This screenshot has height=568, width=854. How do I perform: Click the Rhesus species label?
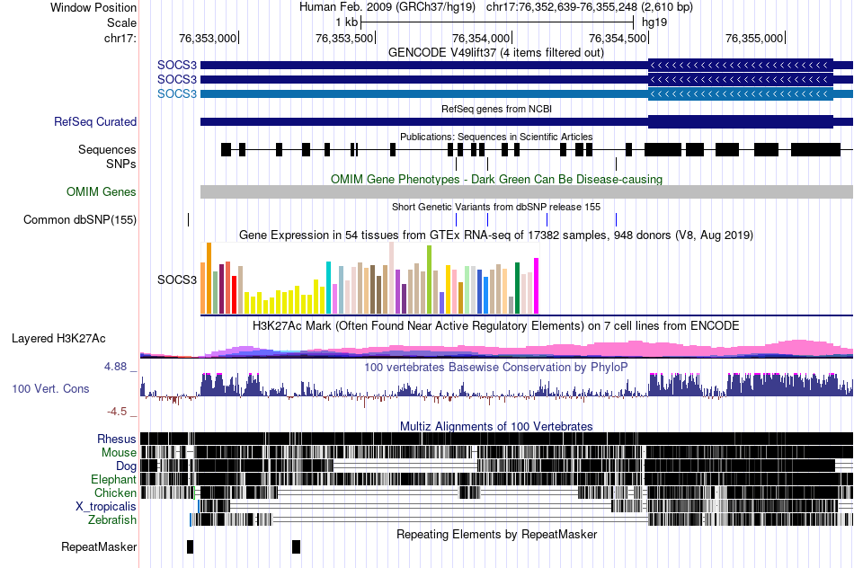coord(117,439)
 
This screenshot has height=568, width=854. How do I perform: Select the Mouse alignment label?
coord(119,452)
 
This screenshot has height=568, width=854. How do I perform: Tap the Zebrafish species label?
coord(112,519)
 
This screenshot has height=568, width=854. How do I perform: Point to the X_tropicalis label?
coord(106,506)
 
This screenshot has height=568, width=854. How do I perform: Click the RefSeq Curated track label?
coord(95,121)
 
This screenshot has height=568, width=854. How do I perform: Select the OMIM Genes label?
coord(102,191)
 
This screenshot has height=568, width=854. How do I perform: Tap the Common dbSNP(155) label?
coord(80,219)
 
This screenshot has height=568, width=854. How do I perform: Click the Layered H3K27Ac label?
coord(58,338)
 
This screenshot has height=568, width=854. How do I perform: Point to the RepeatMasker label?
coord(99,546)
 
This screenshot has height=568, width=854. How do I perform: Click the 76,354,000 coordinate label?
coord(482,39)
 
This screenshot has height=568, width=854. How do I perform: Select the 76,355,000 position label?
coord(754,39)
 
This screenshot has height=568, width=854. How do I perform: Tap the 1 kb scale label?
coord(346,22)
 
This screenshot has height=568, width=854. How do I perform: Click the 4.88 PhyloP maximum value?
coord(117,367)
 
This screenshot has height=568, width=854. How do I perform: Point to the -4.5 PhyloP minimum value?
coord(119,412)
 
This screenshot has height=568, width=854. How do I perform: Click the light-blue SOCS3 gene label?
coord(176,93)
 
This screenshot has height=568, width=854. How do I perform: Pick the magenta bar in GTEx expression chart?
coord(536,286)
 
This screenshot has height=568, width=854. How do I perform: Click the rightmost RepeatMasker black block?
coord(297,546)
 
